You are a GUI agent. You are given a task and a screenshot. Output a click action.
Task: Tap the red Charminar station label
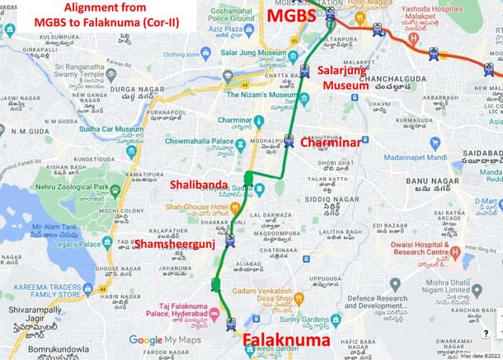(x=331, y=143)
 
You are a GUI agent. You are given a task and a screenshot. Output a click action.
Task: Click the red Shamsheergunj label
(x=176, y=244)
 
